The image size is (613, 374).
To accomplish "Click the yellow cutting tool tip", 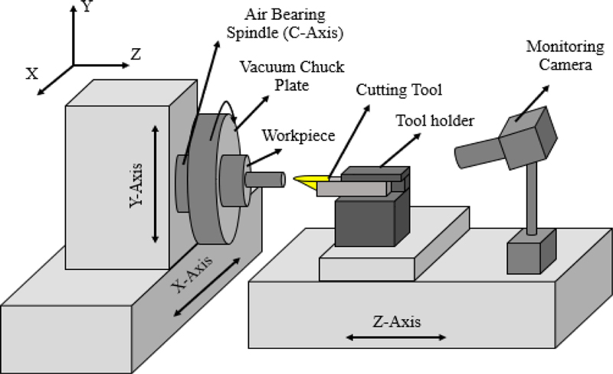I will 306,180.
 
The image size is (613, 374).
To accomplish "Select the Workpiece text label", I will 293,135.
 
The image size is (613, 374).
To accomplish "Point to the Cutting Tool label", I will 398,90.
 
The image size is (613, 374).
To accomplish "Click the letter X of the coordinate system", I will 32,73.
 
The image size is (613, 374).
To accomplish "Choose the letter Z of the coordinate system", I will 135,54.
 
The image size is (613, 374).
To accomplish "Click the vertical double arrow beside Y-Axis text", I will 156,184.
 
